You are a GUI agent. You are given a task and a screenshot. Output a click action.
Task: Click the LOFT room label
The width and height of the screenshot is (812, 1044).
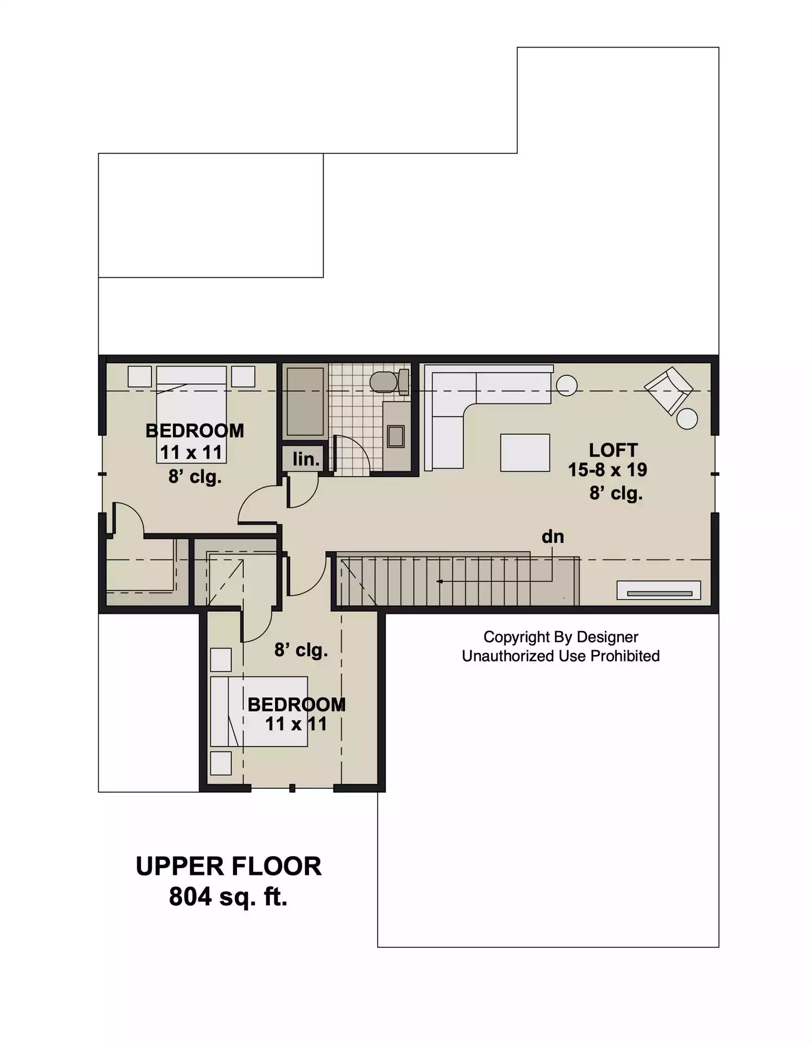[x=613, y=450]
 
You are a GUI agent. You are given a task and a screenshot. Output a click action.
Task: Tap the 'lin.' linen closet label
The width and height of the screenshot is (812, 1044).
[x=306, y=459]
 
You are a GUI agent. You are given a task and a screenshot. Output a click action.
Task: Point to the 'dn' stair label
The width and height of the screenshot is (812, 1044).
[x=553, y=537]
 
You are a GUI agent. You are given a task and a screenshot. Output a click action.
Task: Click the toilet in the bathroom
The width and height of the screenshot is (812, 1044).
[x=389, y=382]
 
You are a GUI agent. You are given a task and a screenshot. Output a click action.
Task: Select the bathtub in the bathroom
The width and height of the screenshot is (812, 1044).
[x=305, y=401]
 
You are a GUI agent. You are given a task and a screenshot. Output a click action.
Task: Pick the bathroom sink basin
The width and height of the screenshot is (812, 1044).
[x=396, y=436]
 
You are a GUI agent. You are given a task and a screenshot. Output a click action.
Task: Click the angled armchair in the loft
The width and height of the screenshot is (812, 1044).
[x=668, y=390]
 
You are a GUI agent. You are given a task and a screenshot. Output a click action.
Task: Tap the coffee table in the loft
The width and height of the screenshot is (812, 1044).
[x=525, y=453]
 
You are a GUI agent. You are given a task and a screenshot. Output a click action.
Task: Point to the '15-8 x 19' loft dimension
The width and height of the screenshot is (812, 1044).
[x=607, y=470]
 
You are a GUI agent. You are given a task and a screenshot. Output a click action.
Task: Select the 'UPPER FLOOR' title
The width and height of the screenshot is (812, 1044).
[x=229, y=867]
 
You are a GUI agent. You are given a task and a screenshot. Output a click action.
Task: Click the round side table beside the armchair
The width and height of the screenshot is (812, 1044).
[x=687, y=419]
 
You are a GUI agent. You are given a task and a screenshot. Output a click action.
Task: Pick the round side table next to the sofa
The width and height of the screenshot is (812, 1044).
[x=567, y=386]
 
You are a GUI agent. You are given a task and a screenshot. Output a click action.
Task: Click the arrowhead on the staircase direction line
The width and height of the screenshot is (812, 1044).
[x=440, y=581]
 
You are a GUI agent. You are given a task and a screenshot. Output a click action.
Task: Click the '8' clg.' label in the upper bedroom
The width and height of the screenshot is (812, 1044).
[x=195, y=477]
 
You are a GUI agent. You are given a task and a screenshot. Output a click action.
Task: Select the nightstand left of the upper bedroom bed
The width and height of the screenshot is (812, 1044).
[x=140, y=376]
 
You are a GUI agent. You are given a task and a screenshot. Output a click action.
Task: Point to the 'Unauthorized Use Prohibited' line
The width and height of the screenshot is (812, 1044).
[x=560, y=656]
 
